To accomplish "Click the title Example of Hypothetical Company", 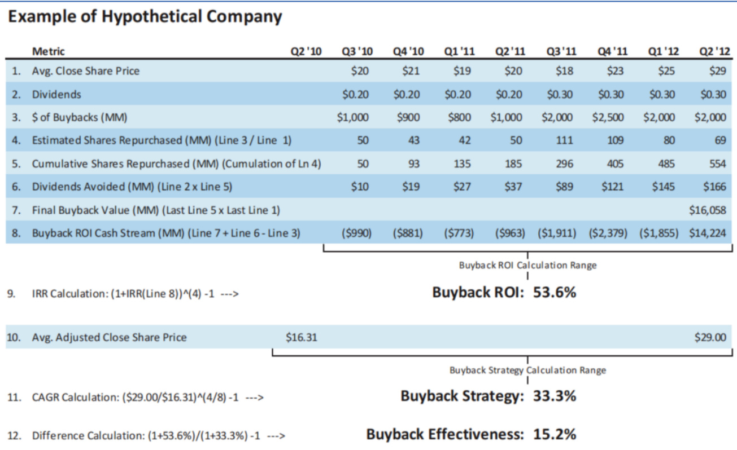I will pos(146,17).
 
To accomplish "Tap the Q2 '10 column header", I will pos(305,52).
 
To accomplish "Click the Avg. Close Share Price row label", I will pos(85,71).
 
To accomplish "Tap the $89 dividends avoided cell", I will pos(566,187).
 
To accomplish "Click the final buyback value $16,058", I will pos(708,210).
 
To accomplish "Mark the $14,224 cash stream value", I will pos(708,233).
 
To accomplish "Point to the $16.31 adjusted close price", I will pos(302,338).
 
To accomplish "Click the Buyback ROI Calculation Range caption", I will pos(527,265).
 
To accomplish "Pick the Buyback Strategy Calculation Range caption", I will pos(527,370).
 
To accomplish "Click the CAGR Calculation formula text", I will pos(136,398).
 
